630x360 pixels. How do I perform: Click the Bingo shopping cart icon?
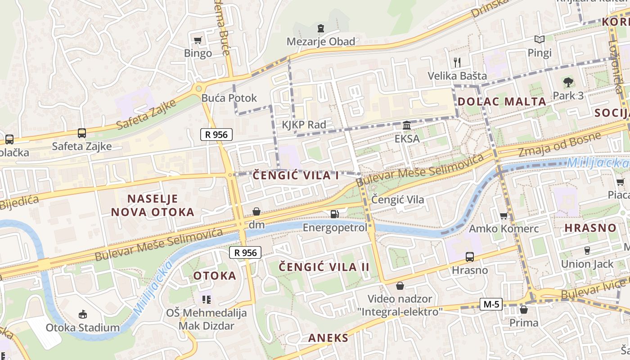(198, 40)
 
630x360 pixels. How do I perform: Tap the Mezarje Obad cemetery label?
(321, 41)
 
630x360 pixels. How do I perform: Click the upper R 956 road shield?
(216, 134)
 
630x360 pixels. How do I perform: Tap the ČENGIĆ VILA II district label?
(324, 267)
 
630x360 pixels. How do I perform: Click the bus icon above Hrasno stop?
(470, 257)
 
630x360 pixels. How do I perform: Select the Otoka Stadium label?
(83, 327)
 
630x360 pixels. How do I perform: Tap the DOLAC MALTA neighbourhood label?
(502, 101)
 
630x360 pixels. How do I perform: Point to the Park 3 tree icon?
(568, 82)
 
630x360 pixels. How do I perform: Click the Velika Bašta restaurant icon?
(457, 62)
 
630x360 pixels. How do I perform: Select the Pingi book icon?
(539, 40)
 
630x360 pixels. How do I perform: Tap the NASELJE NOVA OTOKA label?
(153, 205)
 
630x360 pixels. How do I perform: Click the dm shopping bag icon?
(256, 211)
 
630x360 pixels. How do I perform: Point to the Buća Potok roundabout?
(198, 88)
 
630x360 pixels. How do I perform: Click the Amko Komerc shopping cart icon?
(504, 216)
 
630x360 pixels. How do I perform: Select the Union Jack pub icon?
(587, 250)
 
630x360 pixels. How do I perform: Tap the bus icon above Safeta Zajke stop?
(81, 133)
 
